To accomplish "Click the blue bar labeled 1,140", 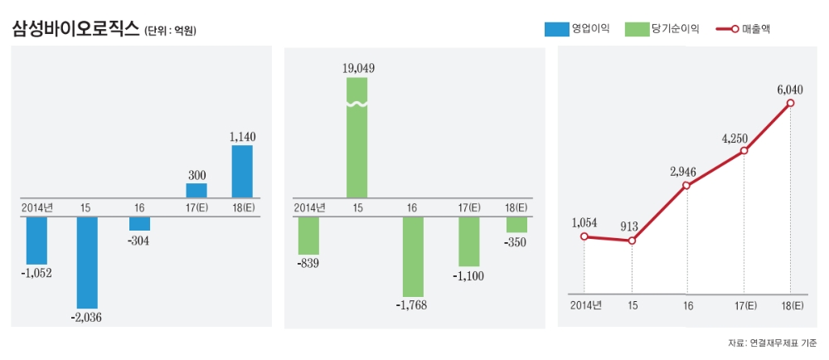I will coord(242,171).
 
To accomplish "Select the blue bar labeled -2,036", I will coord(87,262).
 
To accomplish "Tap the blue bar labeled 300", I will coord(196,190).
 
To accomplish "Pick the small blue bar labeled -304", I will coord(139,224).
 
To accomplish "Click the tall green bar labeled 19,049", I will coord(356,137).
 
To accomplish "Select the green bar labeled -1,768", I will coord(413,256).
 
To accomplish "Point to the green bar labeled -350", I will coord(516,225).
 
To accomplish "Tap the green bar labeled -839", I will coord(308,236).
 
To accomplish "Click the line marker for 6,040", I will coord(790,103).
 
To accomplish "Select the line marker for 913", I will coord(632,241).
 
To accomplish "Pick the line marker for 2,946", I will coord(687,185).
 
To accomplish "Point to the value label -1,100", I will coord(468,276).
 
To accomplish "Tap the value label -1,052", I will coord(36,274).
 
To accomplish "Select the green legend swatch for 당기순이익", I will coord(636,29).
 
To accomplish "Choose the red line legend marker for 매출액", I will coord(724,29).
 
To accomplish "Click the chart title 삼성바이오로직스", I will coord(75,29).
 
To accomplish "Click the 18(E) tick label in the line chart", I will coord(791,305).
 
